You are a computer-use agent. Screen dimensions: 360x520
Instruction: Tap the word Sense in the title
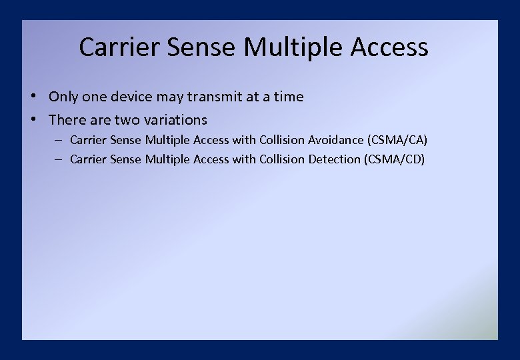point(201,47)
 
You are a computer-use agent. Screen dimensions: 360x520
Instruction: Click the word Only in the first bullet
point(63,97)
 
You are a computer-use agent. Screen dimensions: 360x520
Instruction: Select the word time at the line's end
point(289,97)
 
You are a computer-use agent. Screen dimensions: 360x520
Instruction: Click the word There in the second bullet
point(65,120)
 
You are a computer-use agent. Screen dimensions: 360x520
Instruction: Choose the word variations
point(175,120)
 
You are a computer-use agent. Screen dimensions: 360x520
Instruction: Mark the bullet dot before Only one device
point(33,96)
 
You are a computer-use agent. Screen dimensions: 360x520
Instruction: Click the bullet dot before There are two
point(33,120)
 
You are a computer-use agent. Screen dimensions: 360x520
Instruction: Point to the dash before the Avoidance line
point(59,140)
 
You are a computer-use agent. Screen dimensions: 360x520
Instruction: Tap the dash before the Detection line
point(59,159)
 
